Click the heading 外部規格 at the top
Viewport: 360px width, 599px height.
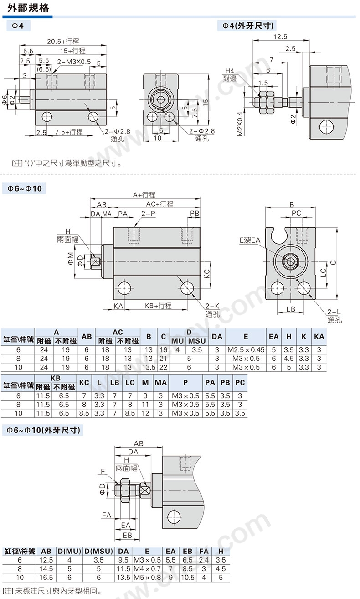click(28, 8)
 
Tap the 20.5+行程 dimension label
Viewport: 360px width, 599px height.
click(63, 41)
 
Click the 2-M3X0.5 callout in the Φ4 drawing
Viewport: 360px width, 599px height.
click(74, 62)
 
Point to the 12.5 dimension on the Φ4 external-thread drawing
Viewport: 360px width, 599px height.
click(280, 36)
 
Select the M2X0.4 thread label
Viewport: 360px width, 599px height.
click(240, 124)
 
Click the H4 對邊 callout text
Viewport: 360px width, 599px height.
click(230, 75)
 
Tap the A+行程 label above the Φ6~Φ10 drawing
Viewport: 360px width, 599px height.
click(144, 195)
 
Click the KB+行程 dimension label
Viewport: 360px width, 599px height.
click(158, 306)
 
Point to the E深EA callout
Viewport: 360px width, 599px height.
click(250, 240)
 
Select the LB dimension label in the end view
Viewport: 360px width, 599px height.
click(291, 309)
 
